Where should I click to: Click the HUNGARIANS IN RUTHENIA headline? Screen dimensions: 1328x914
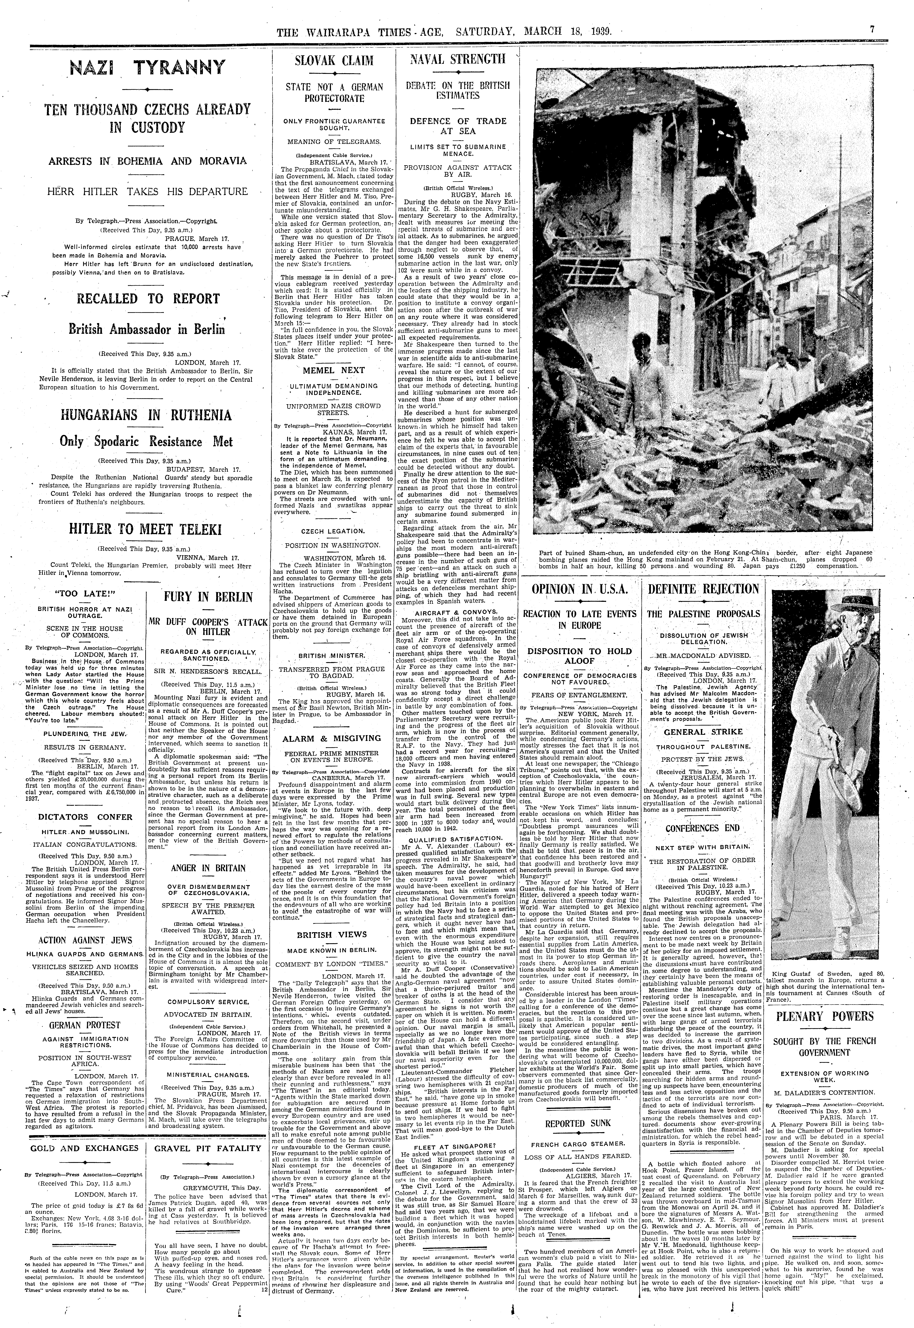coord(148,415)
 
